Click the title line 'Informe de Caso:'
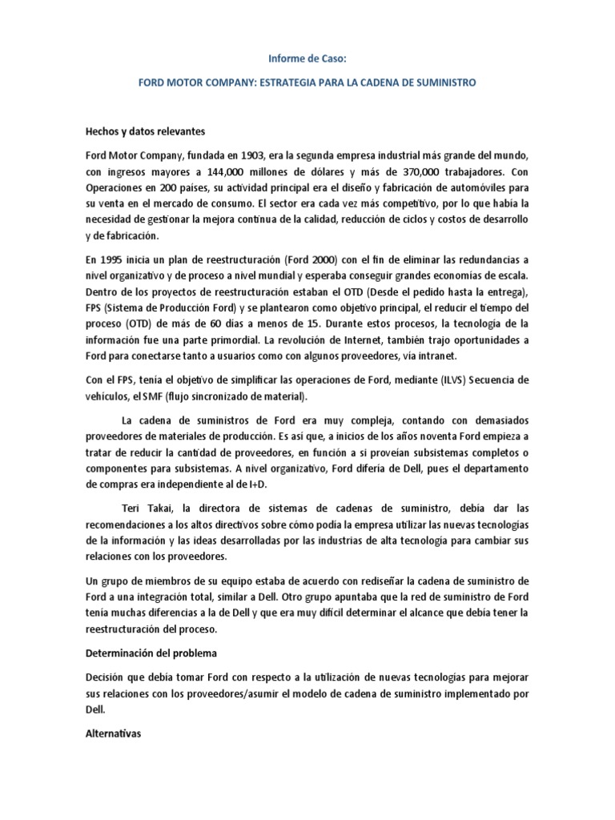tap(307, 57)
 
